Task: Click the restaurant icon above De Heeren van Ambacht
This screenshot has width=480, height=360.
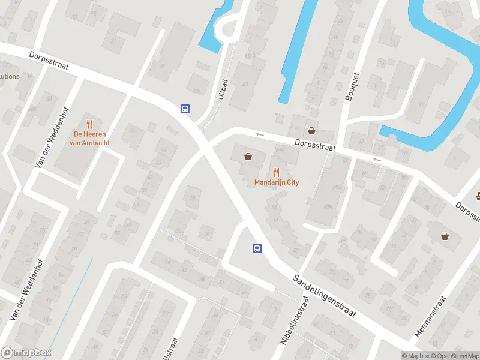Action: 90,124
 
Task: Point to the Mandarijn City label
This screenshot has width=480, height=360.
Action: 277,182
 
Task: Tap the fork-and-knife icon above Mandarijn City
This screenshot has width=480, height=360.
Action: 277,172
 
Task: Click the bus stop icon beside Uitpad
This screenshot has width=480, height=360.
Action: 185,109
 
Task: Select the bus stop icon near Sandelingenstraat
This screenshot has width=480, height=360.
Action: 257,249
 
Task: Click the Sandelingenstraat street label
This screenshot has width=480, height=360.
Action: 325,296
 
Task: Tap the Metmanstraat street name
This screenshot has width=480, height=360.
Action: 431,316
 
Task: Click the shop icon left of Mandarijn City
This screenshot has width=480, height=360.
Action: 248,157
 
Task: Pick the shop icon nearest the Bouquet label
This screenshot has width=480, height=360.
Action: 311,130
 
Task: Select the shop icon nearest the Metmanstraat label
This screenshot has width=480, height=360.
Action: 445,236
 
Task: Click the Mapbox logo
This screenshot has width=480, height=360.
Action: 26,353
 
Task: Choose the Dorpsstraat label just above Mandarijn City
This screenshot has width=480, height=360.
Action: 314,145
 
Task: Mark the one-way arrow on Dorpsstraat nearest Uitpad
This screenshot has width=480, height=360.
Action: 259,134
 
